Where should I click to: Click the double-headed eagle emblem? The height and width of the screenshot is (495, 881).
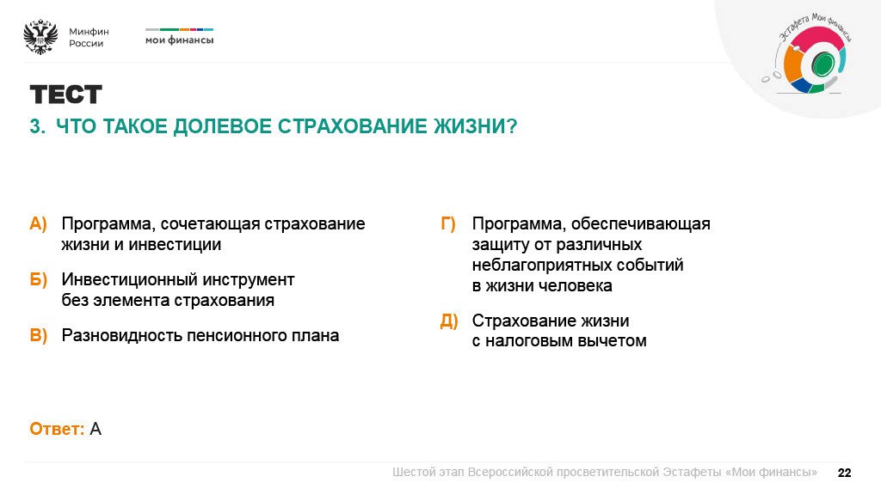point(40,37)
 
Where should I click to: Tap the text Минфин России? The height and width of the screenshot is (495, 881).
point(89,37)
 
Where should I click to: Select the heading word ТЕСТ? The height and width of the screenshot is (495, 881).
point(65,95)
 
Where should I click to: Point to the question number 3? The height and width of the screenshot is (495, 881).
point(36,126)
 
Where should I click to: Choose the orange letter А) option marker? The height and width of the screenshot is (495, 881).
point(39,224)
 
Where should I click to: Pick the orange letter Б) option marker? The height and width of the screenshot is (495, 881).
point(39,280)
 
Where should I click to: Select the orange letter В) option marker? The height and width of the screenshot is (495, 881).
point(39,336)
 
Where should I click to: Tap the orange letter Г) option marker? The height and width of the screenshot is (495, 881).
point(448,224)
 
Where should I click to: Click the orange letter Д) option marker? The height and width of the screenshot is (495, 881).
point(448,321)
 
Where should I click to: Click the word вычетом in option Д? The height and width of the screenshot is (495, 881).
point(613,341)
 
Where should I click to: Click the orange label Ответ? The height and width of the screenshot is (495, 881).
point(57,429)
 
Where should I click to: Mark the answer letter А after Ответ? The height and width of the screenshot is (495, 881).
point(95,429)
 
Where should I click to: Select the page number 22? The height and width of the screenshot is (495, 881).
point(844,473)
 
